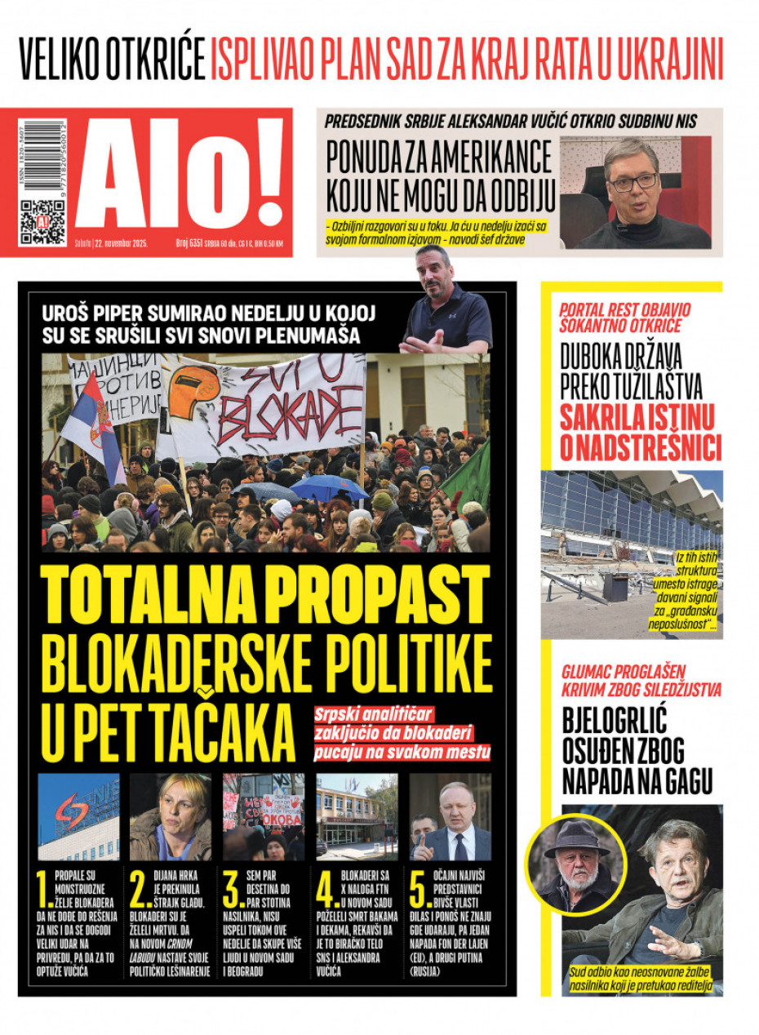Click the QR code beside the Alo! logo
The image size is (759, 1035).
tap(42, 222)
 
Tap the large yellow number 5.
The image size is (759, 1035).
tap(420, 891)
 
